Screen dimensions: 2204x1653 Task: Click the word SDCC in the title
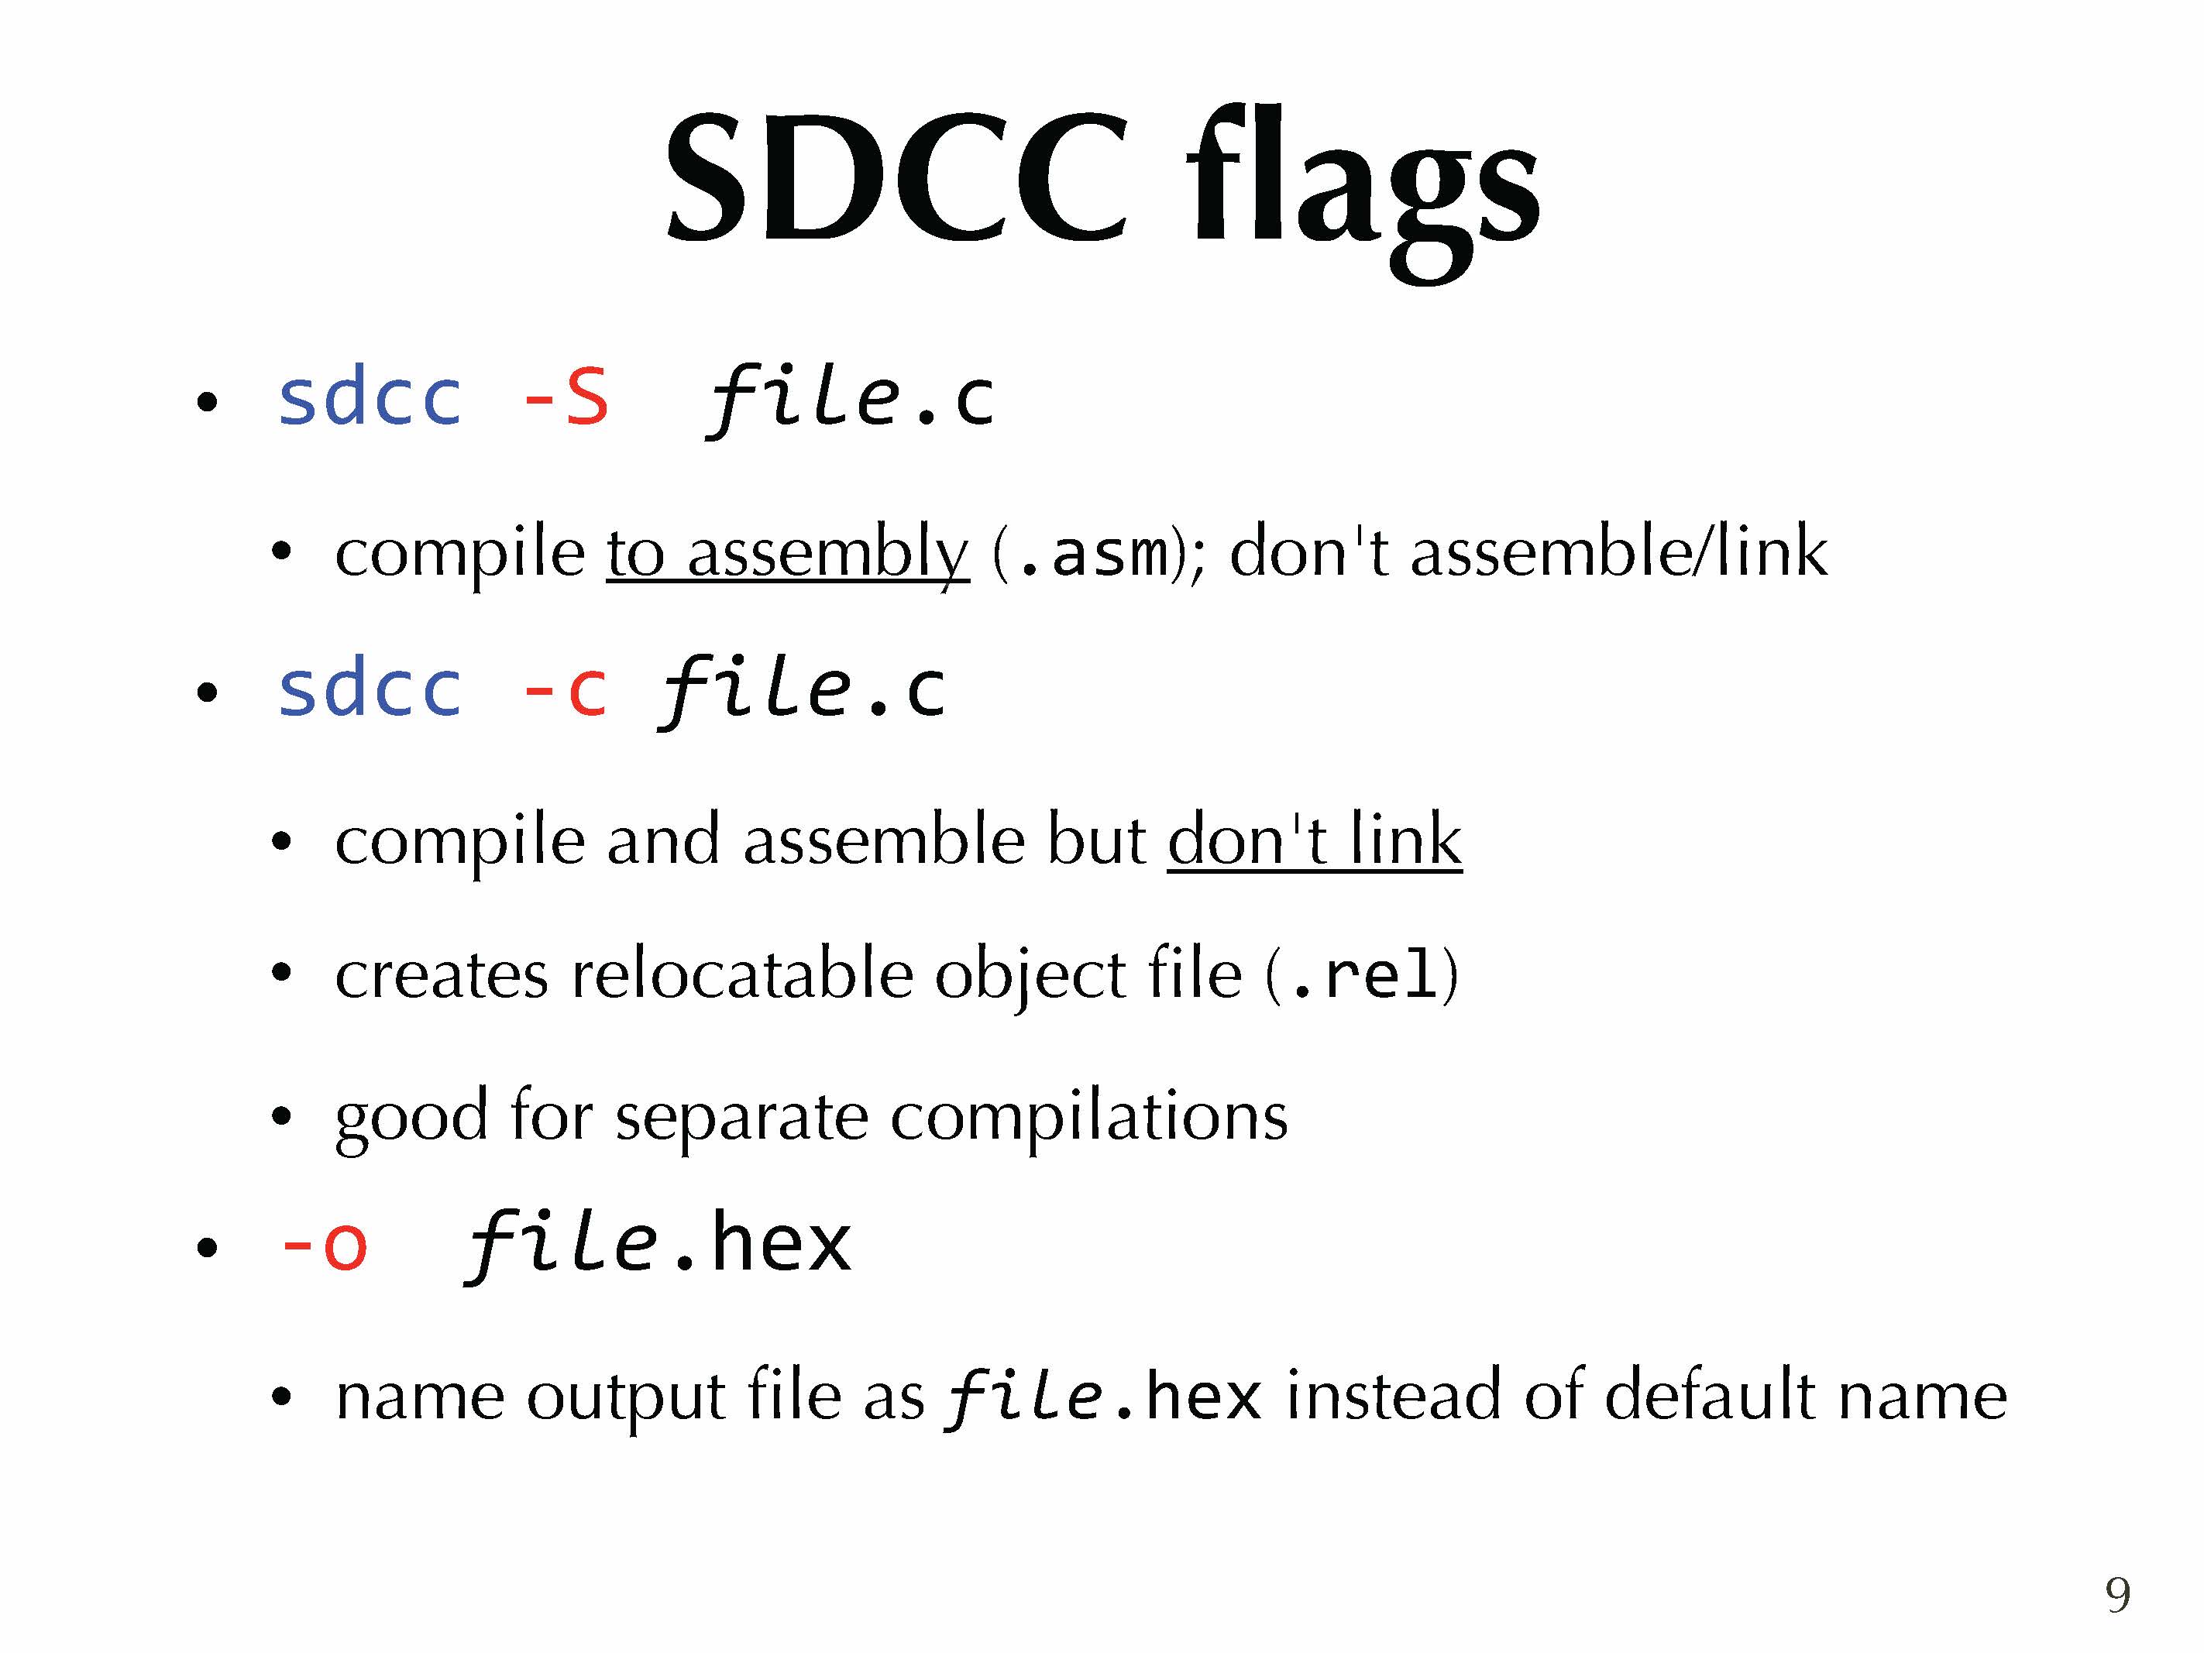point(897,177)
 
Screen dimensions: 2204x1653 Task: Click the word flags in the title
point(1362,189)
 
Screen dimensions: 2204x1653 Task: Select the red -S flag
point(565,397)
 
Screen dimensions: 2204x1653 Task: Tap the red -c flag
point(565,689)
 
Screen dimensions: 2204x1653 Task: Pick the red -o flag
point(324,1245)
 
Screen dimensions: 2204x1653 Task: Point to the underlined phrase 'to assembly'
point(787,554)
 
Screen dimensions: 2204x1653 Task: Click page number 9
point(2118,1594)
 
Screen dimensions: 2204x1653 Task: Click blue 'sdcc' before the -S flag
point(370,397)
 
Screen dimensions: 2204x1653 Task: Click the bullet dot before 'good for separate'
point(282,1117)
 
